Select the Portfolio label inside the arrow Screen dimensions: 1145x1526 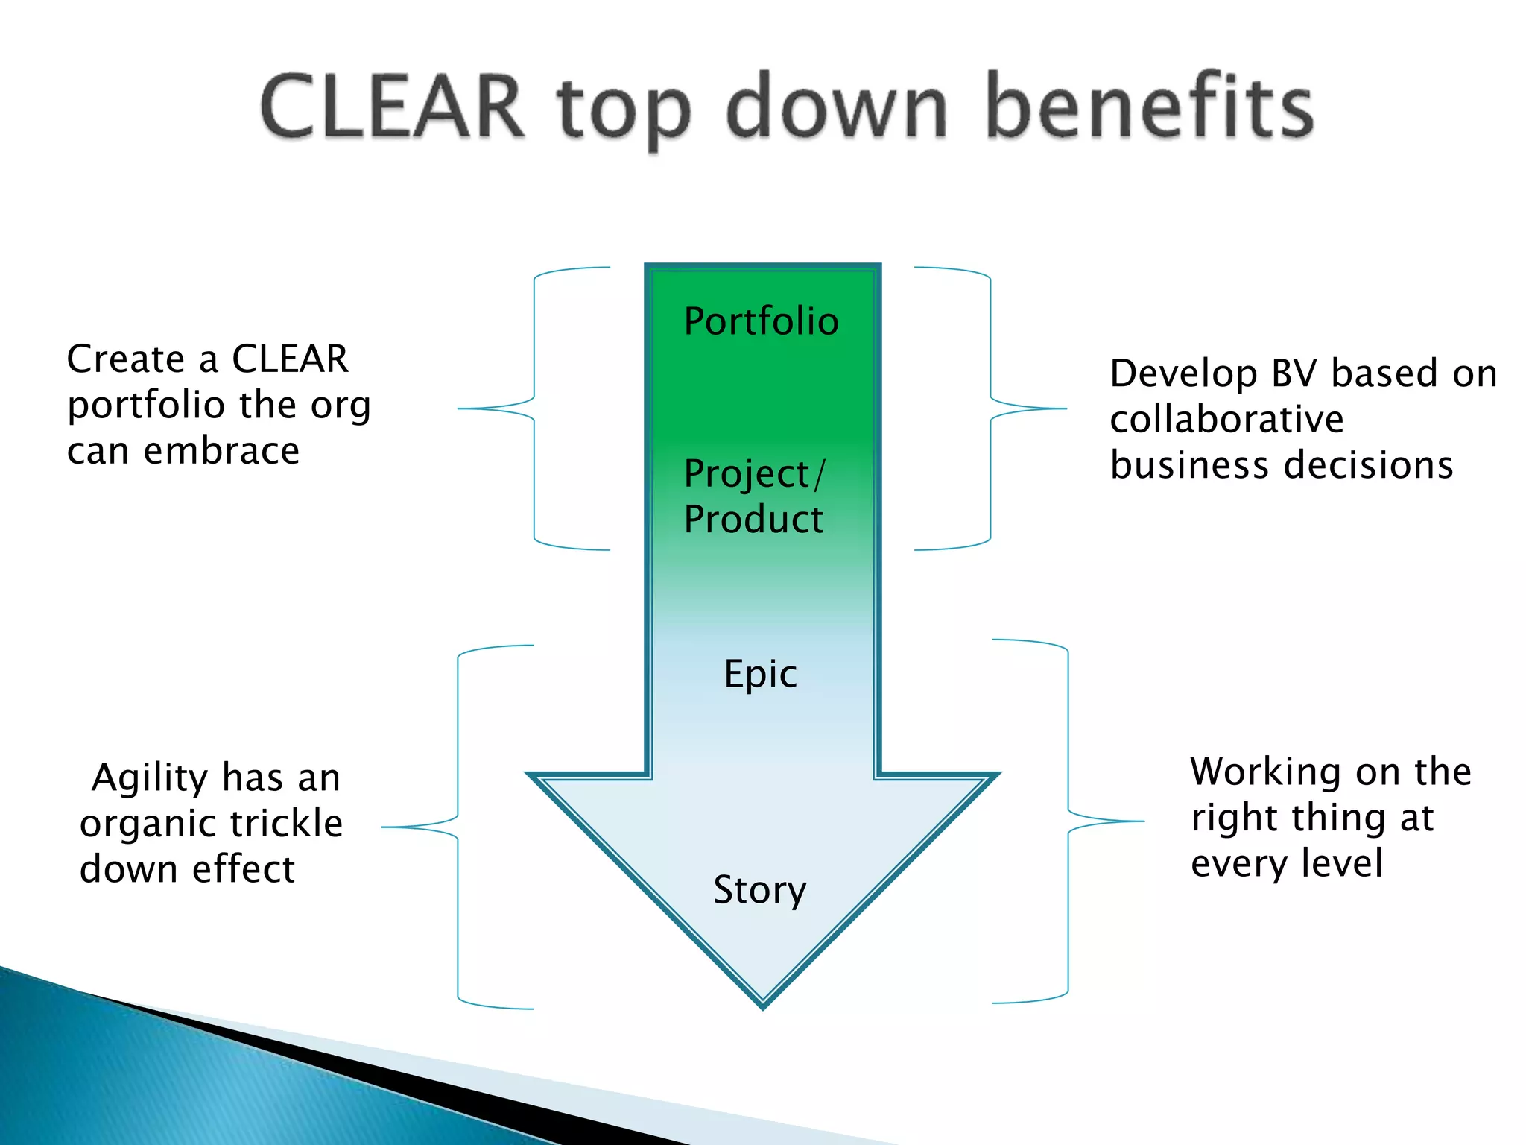(x=761, y=322)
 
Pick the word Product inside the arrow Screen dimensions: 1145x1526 (x=753, y=520)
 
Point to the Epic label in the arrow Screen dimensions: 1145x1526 (x=760, y=674)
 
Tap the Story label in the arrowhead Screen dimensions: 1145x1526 (x=759, y=889)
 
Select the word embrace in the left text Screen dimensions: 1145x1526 (x=221, y=451)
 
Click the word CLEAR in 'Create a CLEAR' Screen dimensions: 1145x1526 (x=290, y=359)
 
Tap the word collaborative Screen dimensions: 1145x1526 (x=1226, y=419)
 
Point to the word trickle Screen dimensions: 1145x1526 (x=286, y=824)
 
